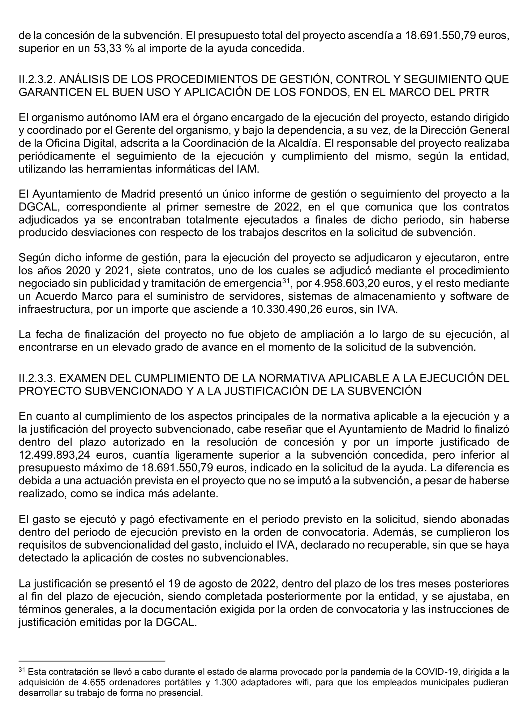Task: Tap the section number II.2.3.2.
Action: pyautogui.click(x=37, y=79)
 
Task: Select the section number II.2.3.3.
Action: pyautogui.click(x=37, y=378)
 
